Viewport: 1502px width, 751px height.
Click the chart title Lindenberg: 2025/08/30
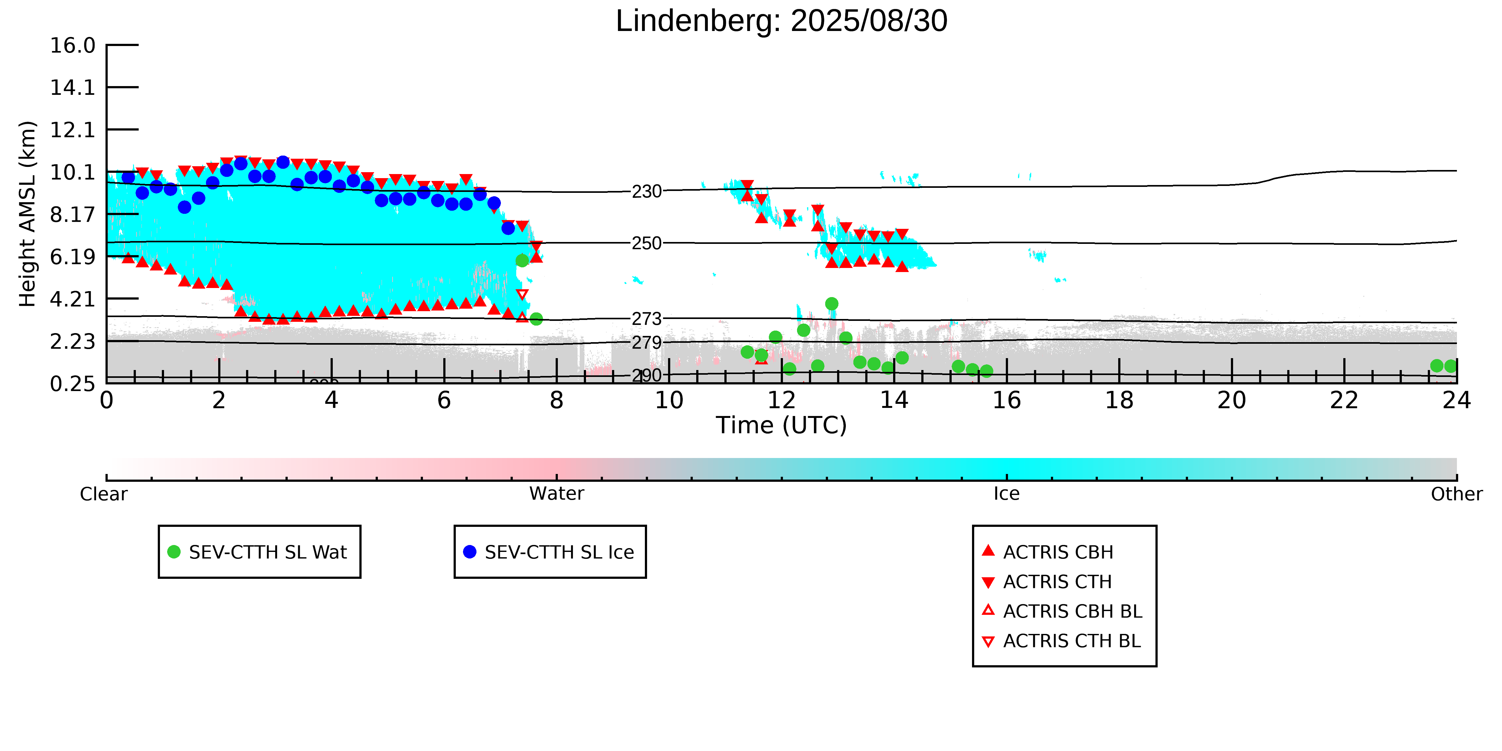tap(781, 22)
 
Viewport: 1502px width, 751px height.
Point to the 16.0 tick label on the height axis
tap(72, 45)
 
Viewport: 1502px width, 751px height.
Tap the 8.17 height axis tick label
tap(72, 214)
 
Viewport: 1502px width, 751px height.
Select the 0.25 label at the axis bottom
tap(72, 384)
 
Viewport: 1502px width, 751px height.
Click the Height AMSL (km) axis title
tap(28, 214)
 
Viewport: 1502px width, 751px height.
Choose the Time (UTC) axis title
tap(781, 425)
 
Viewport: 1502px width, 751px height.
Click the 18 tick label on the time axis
tap(1119, 401)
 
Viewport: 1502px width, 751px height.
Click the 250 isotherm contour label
tap(647, 243)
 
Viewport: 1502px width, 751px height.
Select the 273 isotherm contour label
tap(647, 319)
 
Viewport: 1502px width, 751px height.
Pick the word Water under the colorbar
tap(556, 494)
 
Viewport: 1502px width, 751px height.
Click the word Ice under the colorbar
tap(1006, 494)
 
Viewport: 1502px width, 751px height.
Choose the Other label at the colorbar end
tap(1456, 494)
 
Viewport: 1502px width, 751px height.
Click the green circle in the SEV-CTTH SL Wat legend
tap(174, 552)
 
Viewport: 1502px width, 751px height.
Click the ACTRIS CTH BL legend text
tap(1072, 641)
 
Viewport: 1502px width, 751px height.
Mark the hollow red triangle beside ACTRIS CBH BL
tap(988, 610)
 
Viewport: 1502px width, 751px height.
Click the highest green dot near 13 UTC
tap(831, 304)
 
